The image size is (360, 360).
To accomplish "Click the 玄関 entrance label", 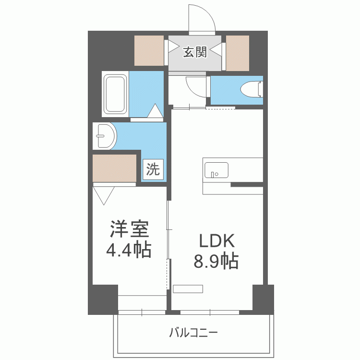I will coord(194,52).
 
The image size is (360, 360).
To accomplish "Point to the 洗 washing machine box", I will coord(153,169).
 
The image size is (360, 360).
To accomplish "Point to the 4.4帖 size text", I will coord(129,250).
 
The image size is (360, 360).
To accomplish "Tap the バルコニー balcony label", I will coord(193,332).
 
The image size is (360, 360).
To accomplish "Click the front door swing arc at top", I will coord(201,19).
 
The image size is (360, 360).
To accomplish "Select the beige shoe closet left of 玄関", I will coord(149,50).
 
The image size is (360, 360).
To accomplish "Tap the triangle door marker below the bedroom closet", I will coord(104,194).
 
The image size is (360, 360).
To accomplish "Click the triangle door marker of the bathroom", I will coord(155,111).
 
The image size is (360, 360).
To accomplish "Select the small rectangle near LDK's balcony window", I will coord(188,289).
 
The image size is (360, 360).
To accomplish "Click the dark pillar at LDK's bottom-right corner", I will coord(263,299).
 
